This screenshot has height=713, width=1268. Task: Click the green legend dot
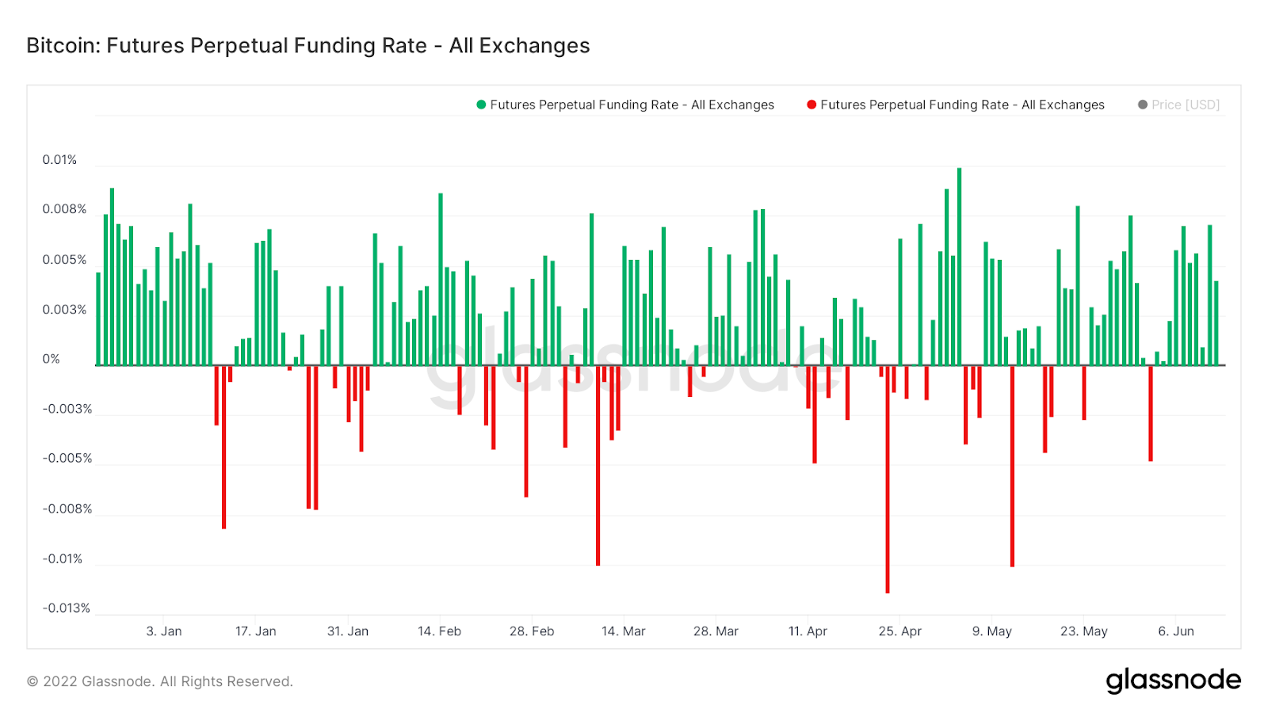coord(481,105)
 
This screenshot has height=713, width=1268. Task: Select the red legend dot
coord(812,105)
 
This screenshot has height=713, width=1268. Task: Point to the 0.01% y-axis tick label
coord(59,160)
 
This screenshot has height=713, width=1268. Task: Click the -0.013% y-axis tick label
coord(67,608)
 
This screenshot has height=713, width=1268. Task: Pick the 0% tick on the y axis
coord(51,360)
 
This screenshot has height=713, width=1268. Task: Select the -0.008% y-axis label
coord(67,509)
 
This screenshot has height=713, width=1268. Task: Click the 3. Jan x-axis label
coord(164,631)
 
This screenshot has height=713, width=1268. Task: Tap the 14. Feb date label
coord(439,631)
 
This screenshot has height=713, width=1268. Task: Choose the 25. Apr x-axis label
coord(899,631)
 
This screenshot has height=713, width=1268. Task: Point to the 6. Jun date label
coord(1176,631)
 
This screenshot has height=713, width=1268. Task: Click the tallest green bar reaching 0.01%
coord(959,265)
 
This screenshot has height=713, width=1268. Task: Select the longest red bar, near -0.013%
coord(888,479)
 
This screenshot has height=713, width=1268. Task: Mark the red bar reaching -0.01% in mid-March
coord(598,466)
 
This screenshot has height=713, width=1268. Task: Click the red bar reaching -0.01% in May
coord(1012,466)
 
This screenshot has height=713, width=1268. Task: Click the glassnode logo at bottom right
coord(1173,681)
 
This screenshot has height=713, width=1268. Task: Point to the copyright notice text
coord(160,681)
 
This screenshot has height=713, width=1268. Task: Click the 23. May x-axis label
coord(1083,631)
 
